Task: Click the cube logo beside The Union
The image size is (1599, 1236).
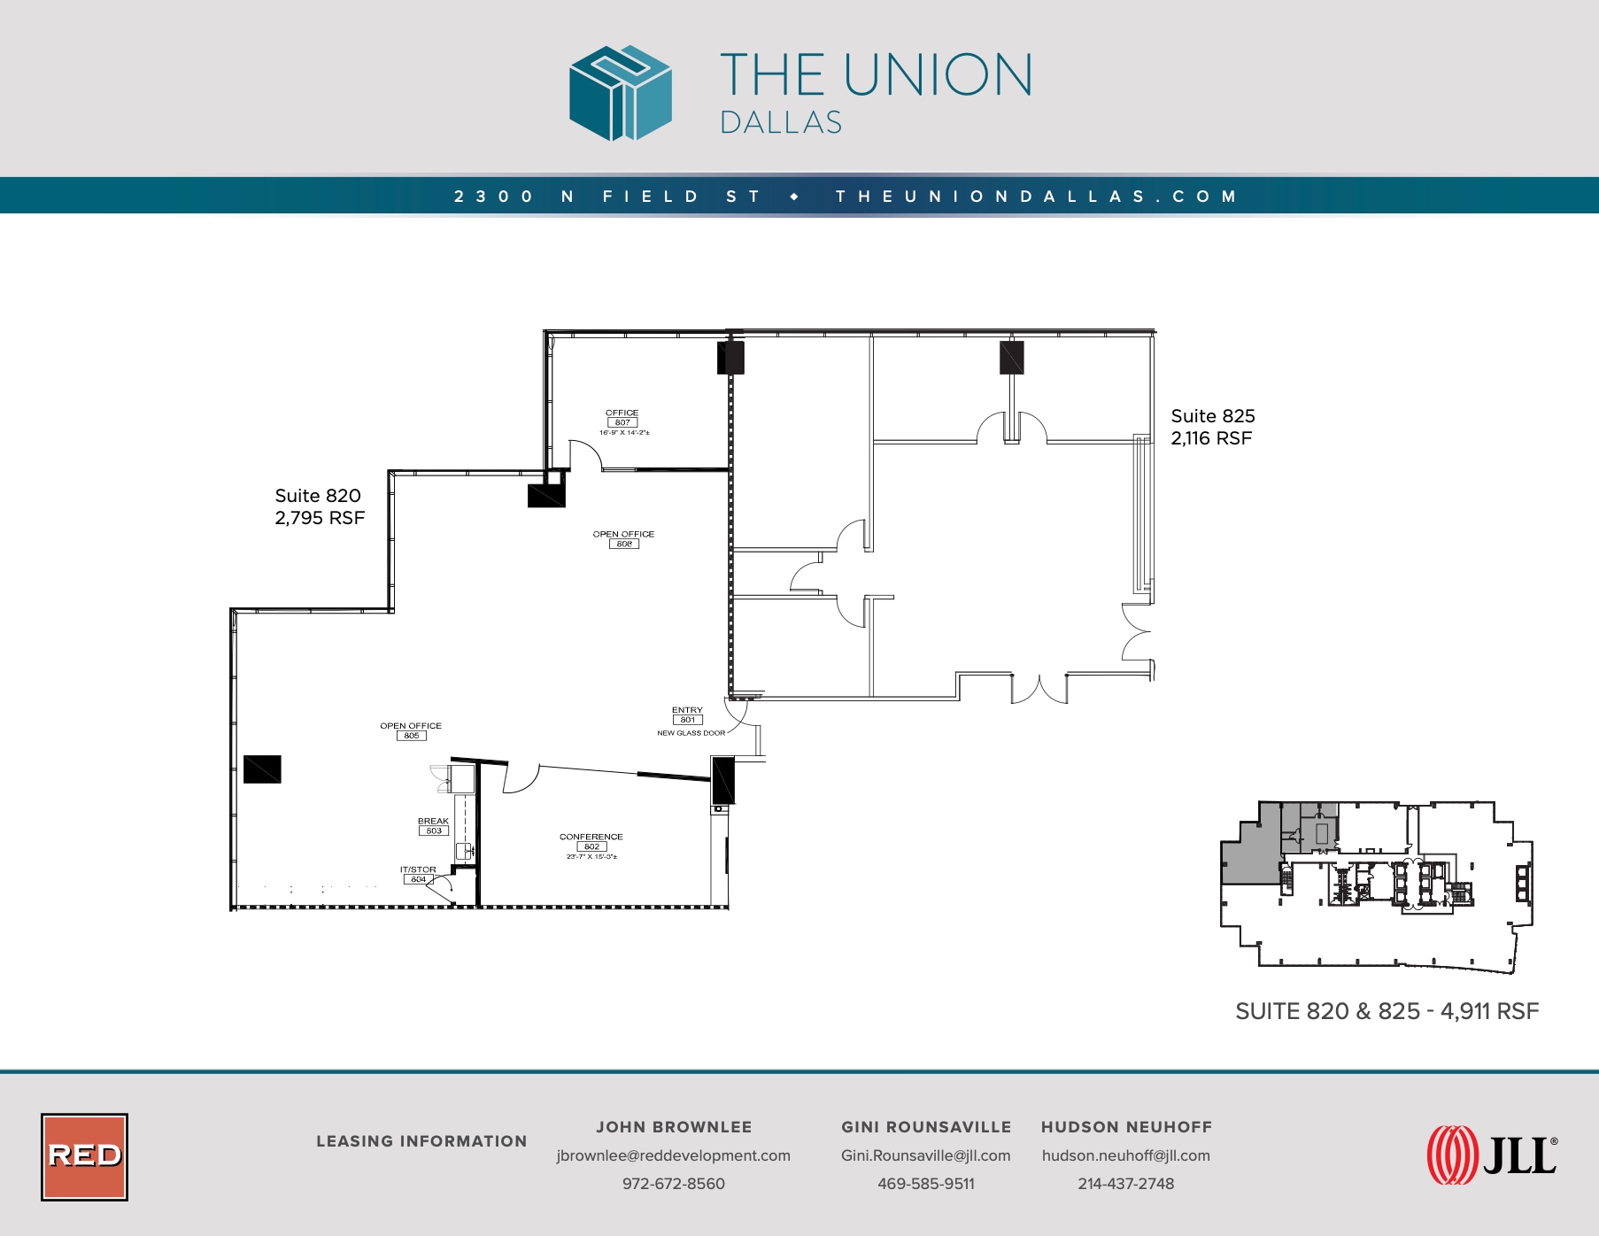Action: point(620,93)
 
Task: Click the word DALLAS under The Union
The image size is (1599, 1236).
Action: point(780,123)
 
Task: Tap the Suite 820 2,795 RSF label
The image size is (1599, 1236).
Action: point(319,506)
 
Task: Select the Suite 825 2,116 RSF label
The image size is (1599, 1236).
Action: point(1212,427)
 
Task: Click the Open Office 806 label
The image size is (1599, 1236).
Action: point(623,538)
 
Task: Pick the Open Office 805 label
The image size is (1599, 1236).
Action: point(411,730)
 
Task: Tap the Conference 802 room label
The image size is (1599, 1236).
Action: point(591,842)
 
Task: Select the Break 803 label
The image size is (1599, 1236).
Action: point(433,826)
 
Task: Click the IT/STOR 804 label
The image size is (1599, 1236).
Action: point(418,875)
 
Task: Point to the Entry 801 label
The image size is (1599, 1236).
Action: point(687,715)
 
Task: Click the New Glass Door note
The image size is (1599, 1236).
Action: point(691,733)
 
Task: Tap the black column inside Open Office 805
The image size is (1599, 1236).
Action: point(262,769)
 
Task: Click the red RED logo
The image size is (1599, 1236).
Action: point(85,1156)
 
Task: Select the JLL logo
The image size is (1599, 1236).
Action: point(1492,1155)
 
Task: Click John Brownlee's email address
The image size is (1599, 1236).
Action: point(673,1155)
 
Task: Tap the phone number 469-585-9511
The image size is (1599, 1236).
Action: point(925,1184)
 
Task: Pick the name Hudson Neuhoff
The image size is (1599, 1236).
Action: point(1126,1127)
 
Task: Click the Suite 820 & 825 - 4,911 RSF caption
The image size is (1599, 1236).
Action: point(1387,1011)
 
